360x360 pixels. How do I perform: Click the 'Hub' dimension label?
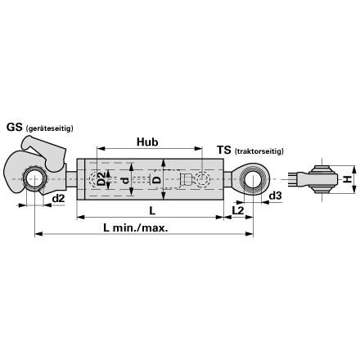[147, 142]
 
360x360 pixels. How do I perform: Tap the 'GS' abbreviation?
[14, 127]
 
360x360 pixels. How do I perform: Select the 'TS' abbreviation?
[224, 150]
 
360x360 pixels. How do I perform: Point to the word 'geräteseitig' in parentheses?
[49, 128]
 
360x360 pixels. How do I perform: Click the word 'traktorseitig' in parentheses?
[259, 151]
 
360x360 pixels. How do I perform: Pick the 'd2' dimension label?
[58, 199]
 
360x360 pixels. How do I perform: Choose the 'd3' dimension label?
[275, 196]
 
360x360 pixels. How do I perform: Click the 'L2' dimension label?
[238, 210]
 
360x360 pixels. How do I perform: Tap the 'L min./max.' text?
[136, 227]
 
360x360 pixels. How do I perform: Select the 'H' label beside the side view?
[347, 179]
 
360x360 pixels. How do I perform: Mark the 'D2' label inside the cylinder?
[101, 179]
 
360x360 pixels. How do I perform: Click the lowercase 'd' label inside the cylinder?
[124, 180]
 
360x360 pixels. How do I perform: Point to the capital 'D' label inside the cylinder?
[156, 179]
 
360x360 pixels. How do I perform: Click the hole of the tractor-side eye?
[253, 179]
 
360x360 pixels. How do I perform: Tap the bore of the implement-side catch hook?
[34, 178]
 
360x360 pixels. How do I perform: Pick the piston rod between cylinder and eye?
[228, 179]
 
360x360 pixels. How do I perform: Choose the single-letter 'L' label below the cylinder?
[152, 210]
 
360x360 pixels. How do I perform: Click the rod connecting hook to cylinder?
[71, 179]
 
